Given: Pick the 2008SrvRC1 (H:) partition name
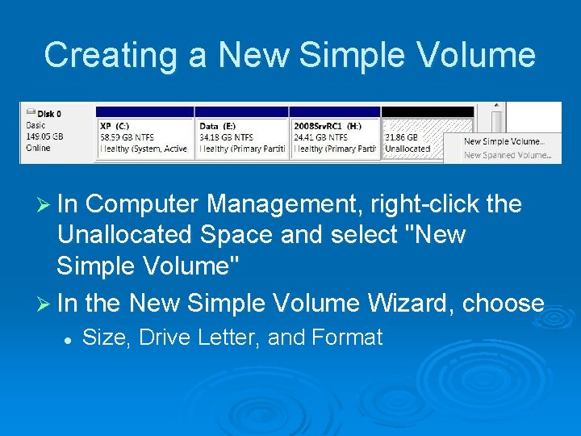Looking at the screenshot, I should click(x=328, y=126).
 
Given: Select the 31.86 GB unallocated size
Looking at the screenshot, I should click(x=402, y=137).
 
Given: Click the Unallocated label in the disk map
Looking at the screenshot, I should click(x=408, y=149).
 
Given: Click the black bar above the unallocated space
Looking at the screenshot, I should click(x=428, y=111).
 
